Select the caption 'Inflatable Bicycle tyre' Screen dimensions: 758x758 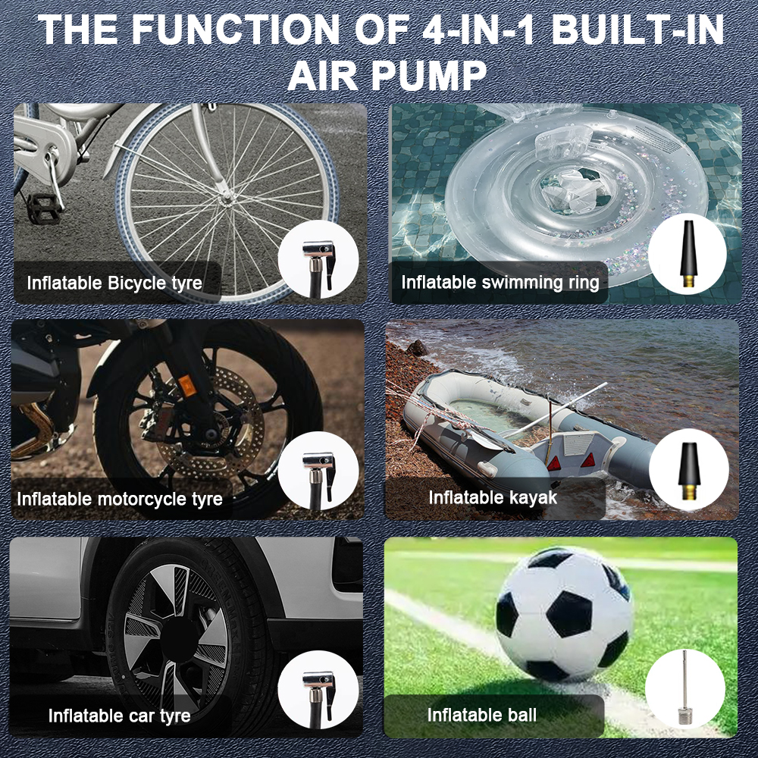point(114,283)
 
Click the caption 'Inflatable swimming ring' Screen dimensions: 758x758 point(500,282)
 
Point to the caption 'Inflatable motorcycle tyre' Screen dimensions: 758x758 point(120,499)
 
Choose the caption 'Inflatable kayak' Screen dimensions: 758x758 point(493,497)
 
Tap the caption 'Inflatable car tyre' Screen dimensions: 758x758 point(120,716)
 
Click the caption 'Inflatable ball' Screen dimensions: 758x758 point(482,715)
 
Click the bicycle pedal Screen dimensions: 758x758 point(43,208)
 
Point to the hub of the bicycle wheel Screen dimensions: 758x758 point(226,197)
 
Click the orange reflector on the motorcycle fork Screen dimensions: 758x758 point(186,385)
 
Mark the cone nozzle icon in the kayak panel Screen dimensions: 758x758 point(688,471)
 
